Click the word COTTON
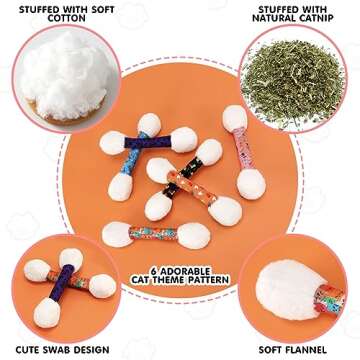(66, 18)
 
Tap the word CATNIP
(315, 18)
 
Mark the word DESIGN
(91, 350)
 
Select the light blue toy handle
(133, 155)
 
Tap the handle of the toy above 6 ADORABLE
(153, 233)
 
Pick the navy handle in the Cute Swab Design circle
(61, 282)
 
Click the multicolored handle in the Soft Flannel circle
(329, 299)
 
